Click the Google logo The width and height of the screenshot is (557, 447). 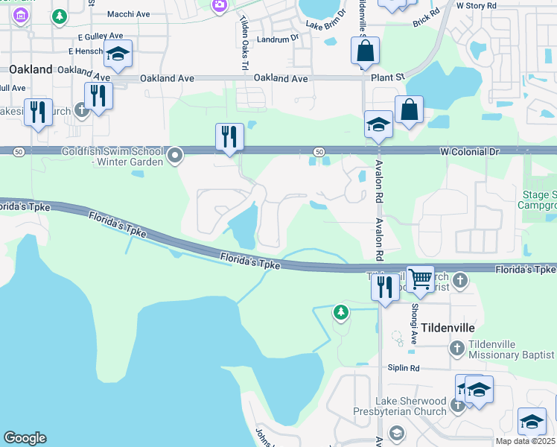[25, 438]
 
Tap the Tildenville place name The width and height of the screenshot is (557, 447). [448, 328]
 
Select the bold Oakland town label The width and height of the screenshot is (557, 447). [31, 69]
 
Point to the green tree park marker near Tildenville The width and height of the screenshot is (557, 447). [341, 312]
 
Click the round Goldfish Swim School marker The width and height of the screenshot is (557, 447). [176, 156]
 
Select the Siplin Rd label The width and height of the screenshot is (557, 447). [404, 368]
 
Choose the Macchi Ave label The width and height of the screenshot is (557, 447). [129, 14]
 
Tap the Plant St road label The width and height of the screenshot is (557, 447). [389, 76]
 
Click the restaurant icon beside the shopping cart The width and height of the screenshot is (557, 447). [384, 287]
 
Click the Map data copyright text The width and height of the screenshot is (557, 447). [526, 441]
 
